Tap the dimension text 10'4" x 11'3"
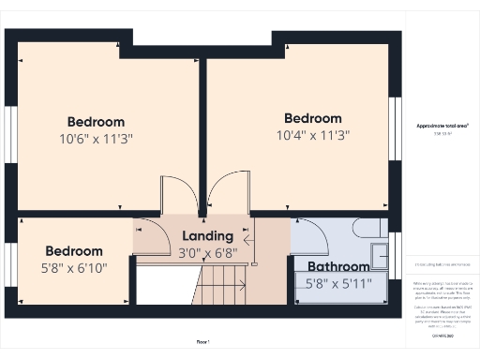point(312,136)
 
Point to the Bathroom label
point(338,266)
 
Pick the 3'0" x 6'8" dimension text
point(208,252)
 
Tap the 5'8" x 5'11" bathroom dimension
point(339,283)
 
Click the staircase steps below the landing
point(223,282)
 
